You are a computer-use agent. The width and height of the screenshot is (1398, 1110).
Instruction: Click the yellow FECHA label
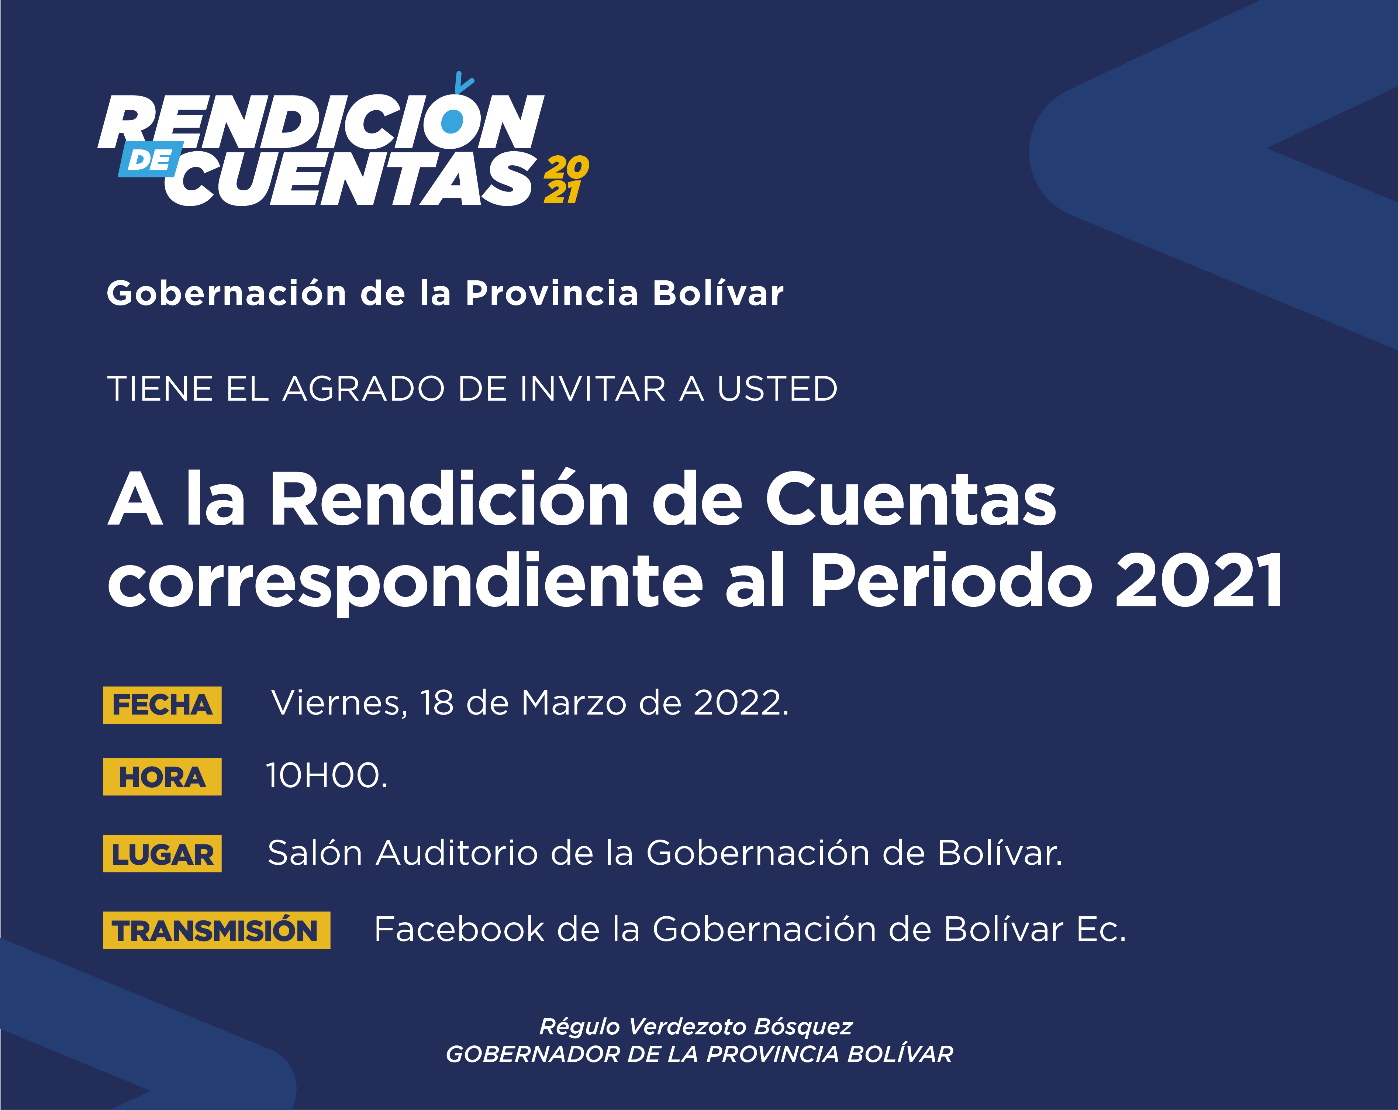pyautogui.click(x=162, y=705)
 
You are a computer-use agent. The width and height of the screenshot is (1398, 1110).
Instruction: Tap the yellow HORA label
pyautogui.click(x=162, y=777)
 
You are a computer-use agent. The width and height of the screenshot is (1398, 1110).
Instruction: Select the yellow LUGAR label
pyautogui.click(x=162, y=853)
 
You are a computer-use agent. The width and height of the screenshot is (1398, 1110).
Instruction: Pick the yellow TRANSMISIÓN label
pyautogui.click(x=217, y=930)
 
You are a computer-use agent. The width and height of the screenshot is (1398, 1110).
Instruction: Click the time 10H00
pyautogui.click(x=326, y=775)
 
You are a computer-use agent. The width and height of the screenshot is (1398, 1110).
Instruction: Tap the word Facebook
pyautogui.click(x=459, y=929)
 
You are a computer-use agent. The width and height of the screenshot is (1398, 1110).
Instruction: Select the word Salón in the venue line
pyautogui.click(x=314, y=853)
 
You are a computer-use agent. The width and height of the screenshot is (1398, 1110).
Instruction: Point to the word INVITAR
pyautogui.click(x=593, y=389)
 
